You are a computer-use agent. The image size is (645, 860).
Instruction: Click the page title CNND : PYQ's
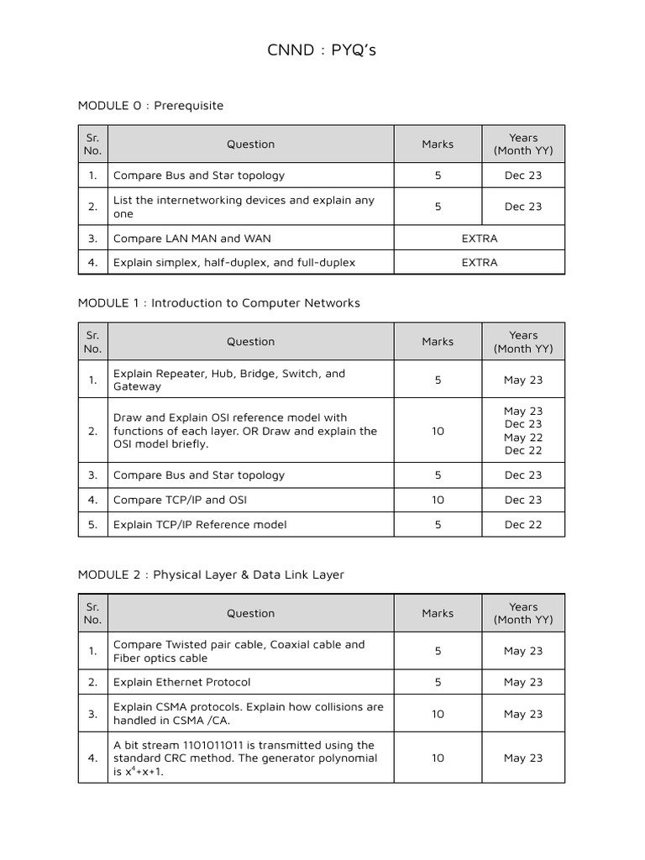click(322, 50)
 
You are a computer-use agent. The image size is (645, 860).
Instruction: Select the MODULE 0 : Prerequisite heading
click(150, 105)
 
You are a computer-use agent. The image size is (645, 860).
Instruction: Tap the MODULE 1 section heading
click(218, 302)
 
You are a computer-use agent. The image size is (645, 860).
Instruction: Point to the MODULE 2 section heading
click(211, 574)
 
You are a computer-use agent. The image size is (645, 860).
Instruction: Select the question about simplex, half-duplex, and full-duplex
click(234, 262)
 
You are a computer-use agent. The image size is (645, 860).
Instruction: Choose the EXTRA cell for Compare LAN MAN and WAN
click(480, 238)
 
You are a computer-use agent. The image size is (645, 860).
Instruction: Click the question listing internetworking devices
click(244, 207)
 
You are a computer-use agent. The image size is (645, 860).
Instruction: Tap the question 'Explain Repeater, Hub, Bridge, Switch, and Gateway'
click(229, 380)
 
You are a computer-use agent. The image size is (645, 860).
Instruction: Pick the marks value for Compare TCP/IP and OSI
click(438, 500)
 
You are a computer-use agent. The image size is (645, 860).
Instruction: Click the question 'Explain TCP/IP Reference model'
click(200, 524)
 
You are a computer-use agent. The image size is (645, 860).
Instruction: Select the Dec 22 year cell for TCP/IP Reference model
click(523, 524)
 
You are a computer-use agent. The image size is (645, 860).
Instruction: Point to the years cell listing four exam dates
click(523, 431)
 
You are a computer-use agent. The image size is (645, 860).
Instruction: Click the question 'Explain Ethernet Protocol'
click(181, 682)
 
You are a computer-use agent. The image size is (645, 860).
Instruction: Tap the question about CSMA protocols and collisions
click(248, 714)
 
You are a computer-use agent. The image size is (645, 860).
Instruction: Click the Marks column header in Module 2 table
click(438, 613)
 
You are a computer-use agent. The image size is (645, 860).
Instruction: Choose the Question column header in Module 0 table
click(250, 144)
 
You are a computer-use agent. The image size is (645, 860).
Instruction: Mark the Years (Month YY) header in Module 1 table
click(523, 342)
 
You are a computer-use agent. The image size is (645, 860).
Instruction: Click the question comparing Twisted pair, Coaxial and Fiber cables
click(239, 651)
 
